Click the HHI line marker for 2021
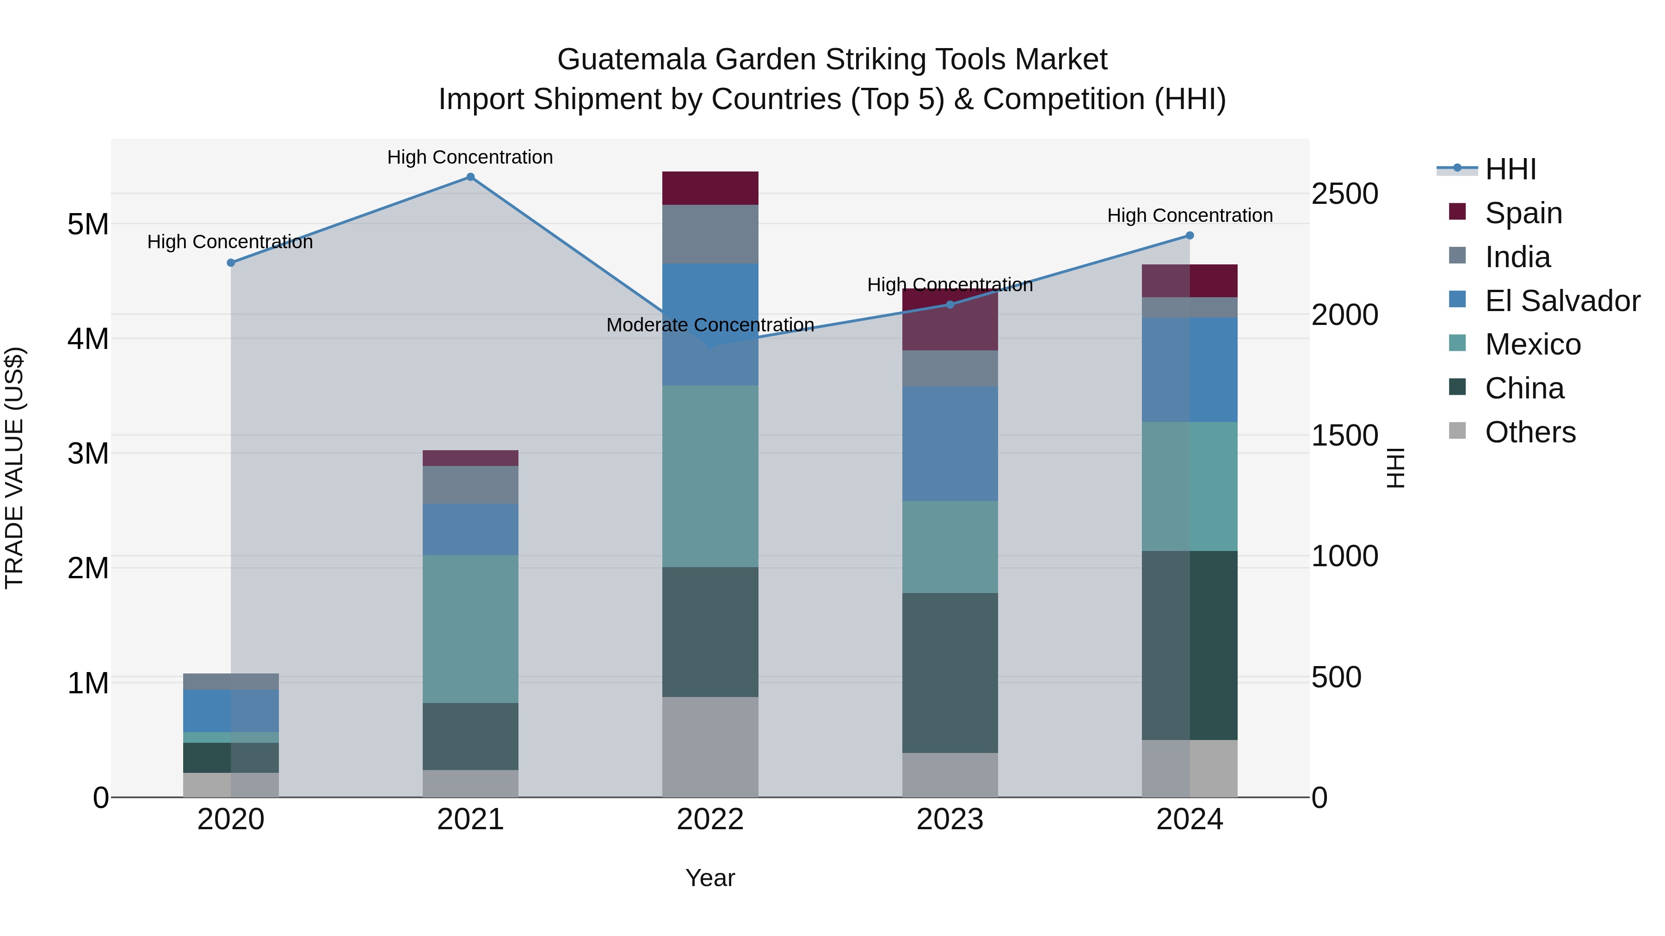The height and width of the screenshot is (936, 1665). coord(470,177)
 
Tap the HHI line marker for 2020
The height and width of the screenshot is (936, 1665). coord(231,263)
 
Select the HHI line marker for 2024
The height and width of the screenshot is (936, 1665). coord(1189,236)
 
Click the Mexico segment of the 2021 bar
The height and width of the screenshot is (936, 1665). coord(470,629)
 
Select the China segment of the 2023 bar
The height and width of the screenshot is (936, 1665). coord(950,673)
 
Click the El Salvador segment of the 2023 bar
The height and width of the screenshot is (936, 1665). coord(950,443)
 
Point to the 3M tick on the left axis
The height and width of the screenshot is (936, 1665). coord(88,453)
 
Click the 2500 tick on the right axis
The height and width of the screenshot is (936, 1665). coord(1344,194)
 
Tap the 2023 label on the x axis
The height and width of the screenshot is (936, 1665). coord(950,820)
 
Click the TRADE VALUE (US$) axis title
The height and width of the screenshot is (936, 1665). coord(14,468)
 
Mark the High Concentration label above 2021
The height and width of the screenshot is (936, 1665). coord(470,157)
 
